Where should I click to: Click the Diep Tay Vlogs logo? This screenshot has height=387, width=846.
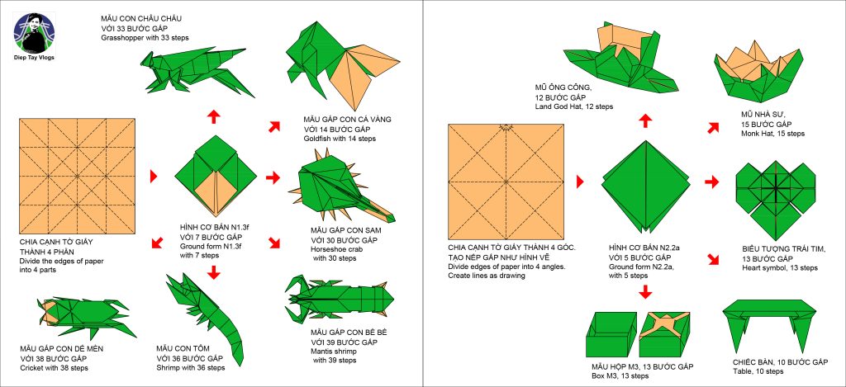coord(34,33)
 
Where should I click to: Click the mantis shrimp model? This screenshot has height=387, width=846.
coord(340,297)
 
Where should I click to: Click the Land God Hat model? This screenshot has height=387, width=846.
coord(620,59)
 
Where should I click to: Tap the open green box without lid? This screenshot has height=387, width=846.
coord(611,333)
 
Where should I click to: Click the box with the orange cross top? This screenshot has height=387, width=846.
coord(665,333)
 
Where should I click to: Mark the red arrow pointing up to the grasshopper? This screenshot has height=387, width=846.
coord(214,116)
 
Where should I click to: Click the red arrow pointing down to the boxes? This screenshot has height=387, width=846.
coord(644,291)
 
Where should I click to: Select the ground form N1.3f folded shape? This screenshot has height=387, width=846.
coord(216,176)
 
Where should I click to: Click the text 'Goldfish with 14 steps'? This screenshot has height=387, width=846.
coord(340,139)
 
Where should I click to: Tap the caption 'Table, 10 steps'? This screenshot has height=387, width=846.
coord(758,371)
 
